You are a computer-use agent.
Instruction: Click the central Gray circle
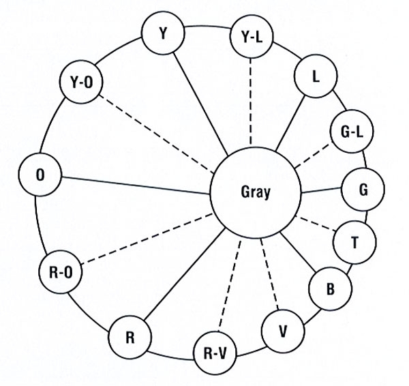click(x=255, y=192)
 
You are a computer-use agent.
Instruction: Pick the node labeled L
click(x=314, y=77)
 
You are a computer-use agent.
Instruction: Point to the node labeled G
click(x=363, y=190)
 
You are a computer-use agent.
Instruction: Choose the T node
click(x=354, y=241)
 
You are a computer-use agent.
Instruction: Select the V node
click(x=282, y=331)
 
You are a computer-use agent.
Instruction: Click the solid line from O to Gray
click(x=136, y=185)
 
